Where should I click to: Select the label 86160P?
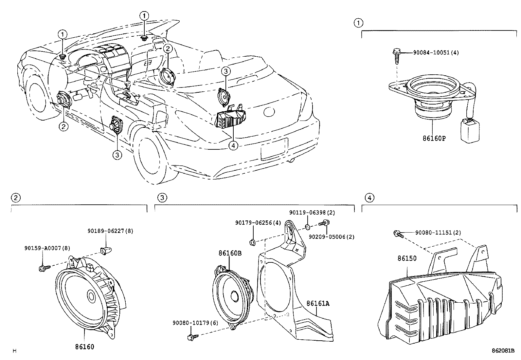click(x=434, y=138)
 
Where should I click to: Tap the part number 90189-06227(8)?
click(x=105, y=231)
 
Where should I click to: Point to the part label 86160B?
click(x=230, y=253)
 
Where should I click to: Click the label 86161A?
click(x=318, y=303)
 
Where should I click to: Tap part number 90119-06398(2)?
click(x=312, y=212)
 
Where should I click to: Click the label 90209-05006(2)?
click(x=332, y=237)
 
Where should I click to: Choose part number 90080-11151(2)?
click(x=438, y=233)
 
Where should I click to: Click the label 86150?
click(x=407, y=258)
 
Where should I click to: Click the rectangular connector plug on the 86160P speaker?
click(x=470, y=131)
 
